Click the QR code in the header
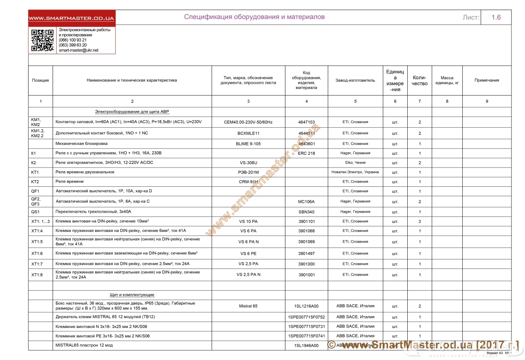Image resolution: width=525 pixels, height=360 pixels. (43, 40)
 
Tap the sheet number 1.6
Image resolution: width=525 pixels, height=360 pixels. (496, 17)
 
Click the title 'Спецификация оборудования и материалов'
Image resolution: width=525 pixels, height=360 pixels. (254, 17)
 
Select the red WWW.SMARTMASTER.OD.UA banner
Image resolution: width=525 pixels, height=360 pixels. (71, 18)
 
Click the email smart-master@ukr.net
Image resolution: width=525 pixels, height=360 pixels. (79, 50)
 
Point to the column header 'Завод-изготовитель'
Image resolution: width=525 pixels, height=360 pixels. (355, 80)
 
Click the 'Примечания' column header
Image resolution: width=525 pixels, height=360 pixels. (486, 80)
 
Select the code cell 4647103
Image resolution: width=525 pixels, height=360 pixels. (306, 122)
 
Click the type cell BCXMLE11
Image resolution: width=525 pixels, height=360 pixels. (248, 133)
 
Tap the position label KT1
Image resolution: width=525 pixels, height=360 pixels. (35, 172)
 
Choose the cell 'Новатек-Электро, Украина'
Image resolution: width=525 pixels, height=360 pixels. (355, 172)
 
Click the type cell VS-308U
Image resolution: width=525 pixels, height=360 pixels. (248, 163)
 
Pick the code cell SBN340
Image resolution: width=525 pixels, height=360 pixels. (306, 212)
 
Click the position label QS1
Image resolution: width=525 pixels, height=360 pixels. (35, 212)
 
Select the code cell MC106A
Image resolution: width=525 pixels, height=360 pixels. (306, 202)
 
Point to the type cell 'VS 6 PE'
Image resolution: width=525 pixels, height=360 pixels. (248, 254)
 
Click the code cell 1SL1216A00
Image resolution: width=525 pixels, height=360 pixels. (306, 306)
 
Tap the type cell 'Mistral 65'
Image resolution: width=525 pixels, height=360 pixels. (248, 306)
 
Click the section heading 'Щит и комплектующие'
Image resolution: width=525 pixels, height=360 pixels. (132, 295)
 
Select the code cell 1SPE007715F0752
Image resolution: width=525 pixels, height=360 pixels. (306, 317)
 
